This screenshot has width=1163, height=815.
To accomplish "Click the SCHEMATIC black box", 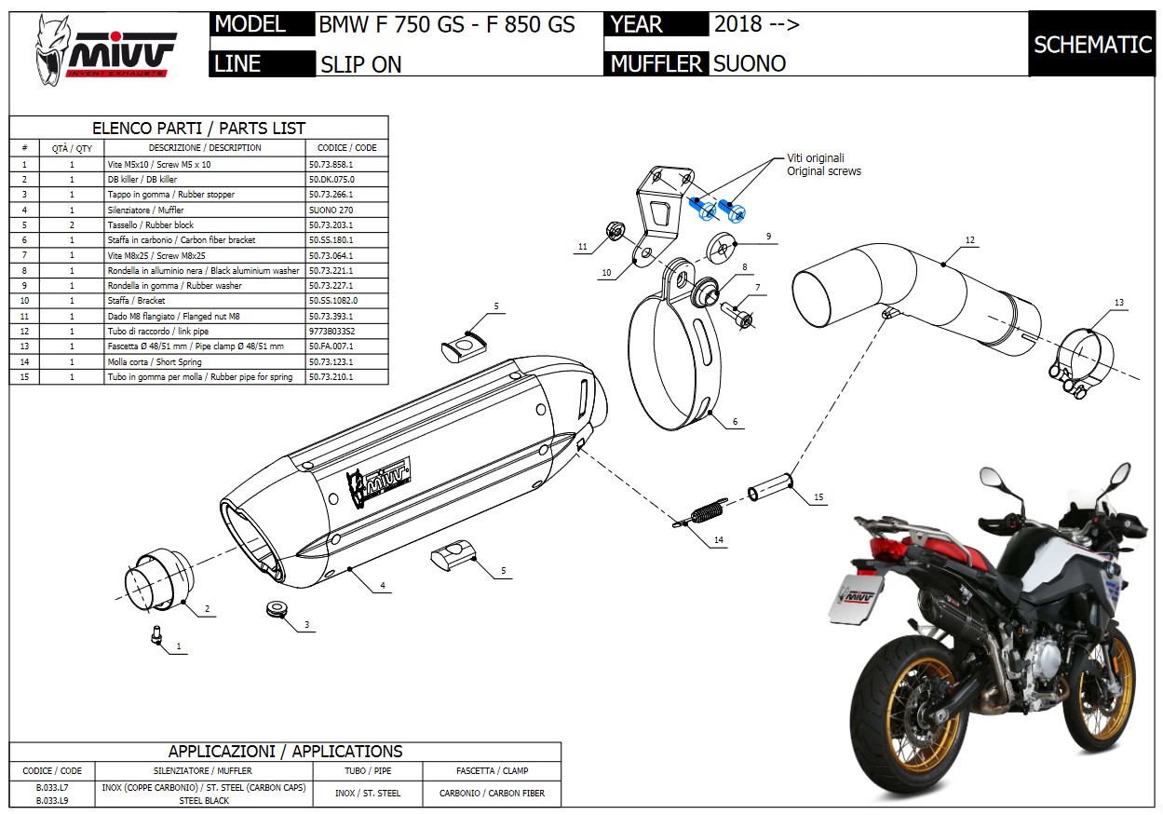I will tap(1092, 45).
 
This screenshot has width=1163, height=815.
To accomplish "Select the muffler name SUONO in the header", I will tap(750, 63).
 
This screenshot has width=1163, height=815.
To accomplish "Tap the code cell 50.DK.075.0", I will tap(331, 179).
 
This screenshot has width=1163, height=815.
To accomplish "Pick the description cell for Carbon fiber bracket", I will tap(204, 240).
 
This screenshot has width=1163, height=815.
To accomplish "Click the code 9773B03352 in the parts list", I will tap(331, 331).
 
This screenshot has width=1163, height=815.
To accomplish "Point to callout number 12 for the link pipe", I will tap(969, 240).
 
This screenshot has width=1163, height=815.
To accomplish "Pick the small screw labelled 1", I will tap(157, 634).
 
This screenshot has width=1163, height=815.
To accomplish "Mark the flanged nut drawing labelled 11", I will tap(614, 230).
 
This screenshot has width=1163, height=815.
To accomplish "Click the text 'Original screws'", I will tap(824, 171).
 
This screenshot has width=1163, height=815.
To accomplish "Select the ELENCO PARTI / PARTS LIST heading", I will tap(198, 129).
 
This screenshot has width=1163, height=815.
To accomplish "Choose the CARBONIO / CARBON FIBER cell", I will tap(492, 794).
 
